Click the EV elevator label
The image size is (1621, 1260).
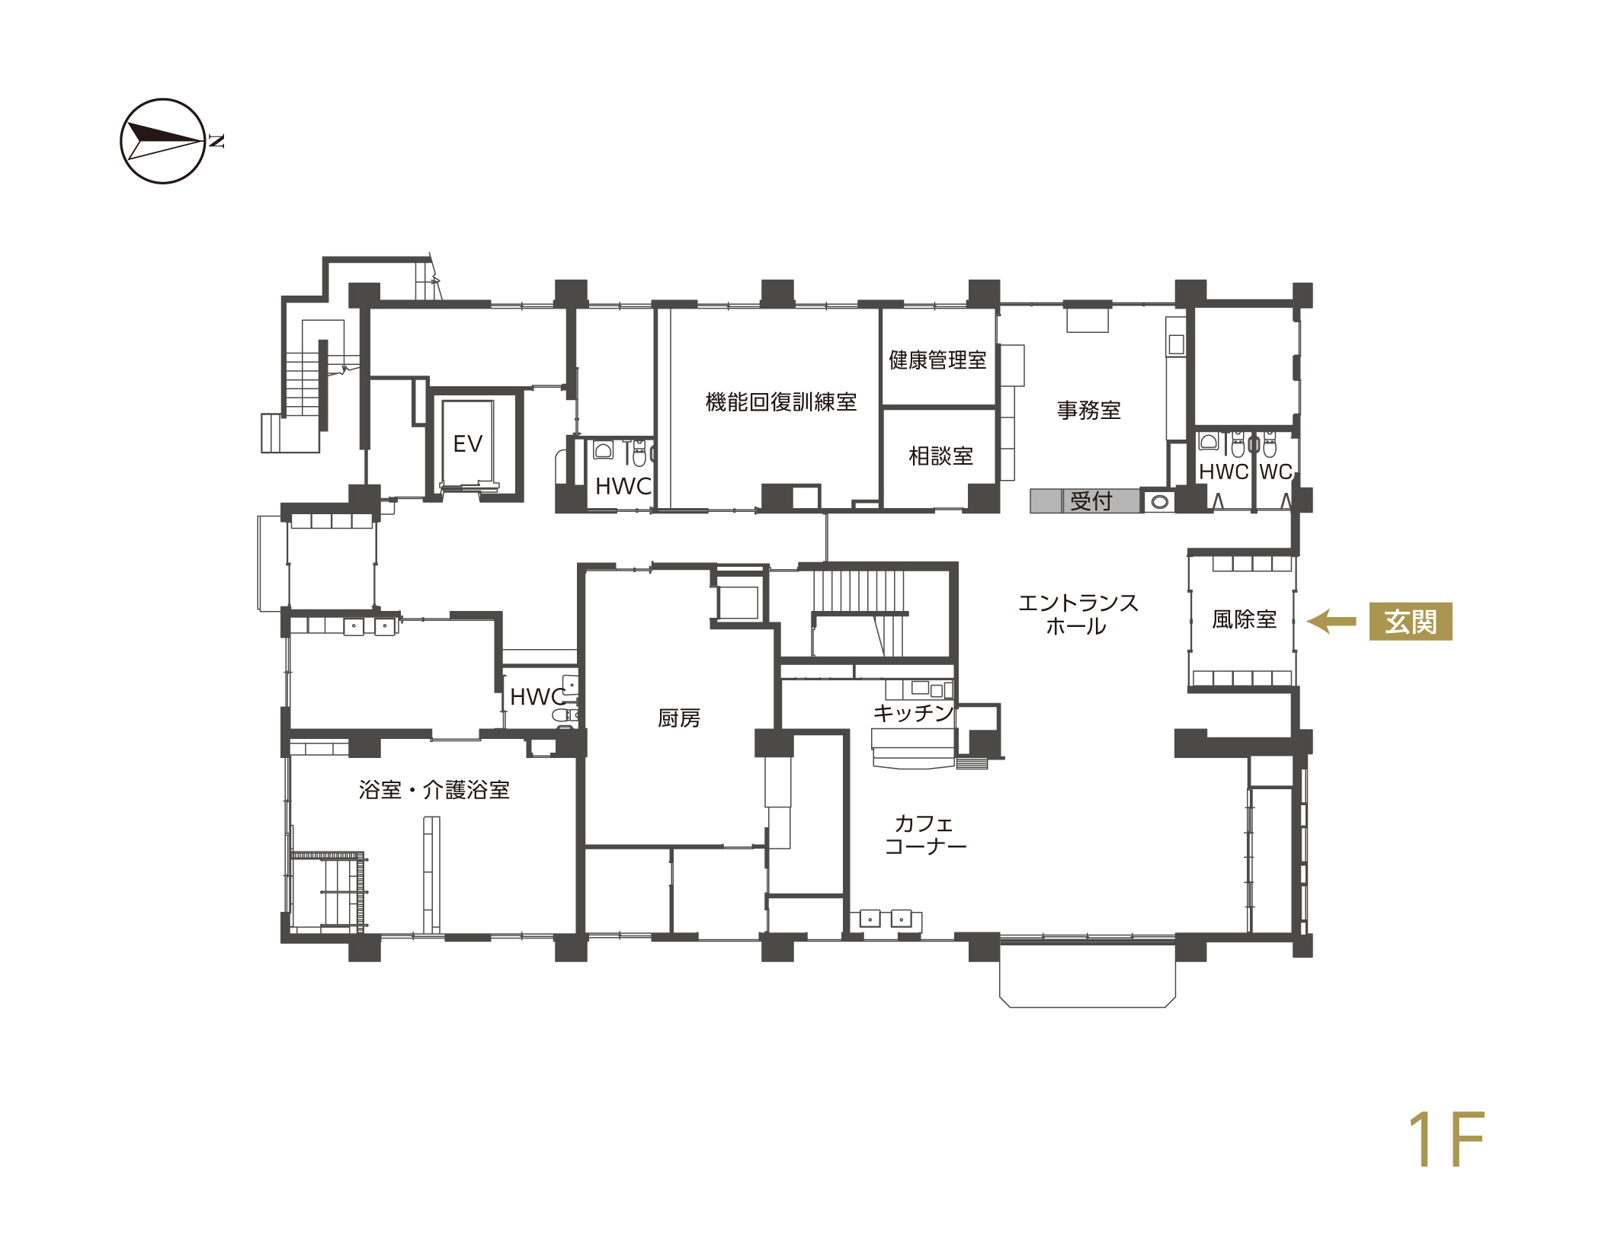click(467, 443)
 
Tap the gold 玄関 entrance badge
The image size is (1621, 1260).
click(1410, 621)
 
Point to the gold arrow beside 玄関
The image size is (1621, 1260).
click(1331, 621)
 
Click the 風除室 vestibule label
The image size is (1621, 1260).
click(1244, 619)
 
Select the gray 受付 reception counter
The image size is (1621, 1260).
click(1084, 500)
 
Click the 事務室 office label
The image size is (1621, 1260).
click(1088, 411)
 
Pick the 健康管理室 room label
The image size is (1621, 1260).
click(937, 360)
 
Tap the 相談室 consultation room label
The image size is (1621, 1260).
click(940, 456)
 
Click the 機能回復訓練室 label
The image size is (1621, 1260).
click(780, 401)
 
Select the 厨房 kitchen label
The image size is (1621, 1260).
click(678, 718)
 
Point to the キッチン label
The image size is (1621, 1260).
click(913, 712)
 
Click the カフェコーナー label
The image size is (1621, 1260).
click(925, 834)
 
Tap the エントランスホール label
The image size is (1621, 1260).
click(1078, 614)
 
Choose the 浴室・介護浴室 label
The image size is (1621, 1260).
click(434, 789)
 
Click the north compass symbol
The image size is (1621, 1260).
click(163, 141)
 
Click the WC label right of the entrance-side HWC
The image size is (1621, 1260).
click(1275, 472)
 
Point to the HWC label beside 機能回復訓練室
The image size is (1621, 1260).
click(623, 486)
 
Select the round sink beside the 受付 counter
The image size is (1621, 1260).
click(1159, 502)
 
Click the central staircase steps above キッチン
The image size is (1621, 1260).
click(858, 591)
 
